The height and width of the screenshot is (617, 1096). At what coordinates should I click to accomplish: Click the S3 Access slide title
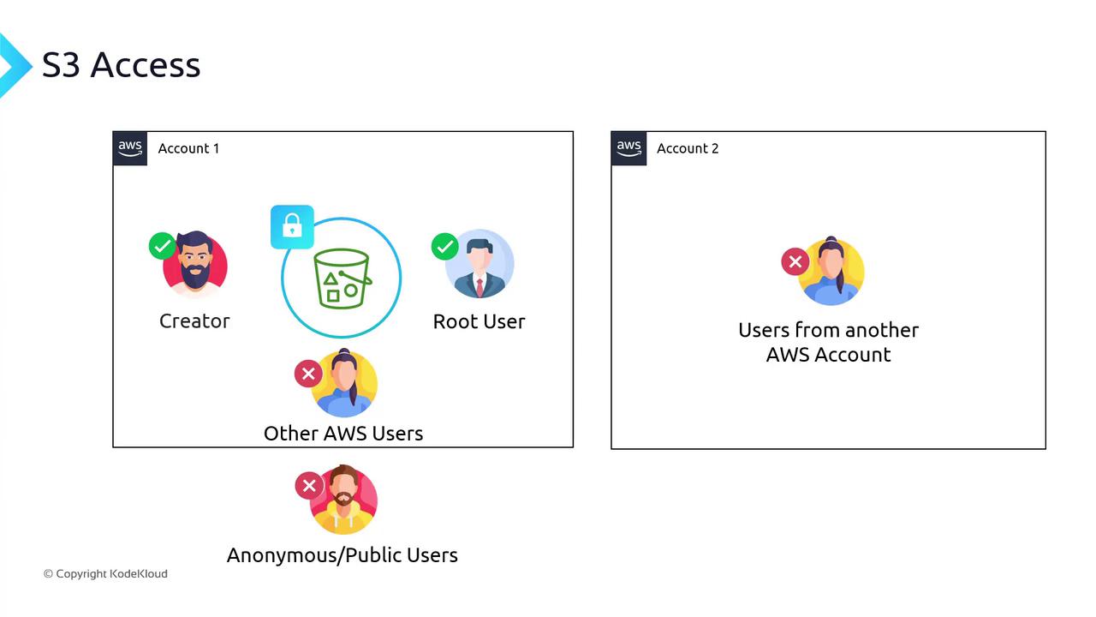121,64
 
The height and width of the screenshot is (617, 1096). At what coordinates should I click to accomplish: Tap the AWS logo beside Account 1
130,148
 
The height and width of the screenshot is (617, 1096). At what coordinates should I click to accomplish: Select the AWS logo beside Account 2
628,148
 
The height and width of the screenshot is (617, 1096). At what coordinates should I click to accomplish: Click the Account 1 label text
188,148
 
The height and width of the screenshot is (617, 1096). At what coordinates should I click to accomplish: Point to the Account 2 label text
688,148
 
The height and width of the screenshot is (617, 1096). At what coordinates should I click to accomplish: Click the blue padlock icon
292,227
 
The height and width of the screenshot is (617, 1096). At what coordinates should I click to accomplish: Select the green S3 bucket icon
342,279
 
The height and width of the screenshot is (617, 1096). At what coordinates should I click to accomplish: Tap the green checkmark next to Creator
163,246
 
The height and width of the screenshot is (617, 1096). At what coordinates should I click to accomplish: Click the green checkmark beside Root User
444,247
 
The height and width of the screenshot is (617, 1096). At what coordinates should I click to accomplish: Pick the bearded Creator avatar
195,265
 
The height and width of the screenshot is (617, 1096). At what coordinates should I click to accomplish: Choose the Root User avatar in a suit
479,263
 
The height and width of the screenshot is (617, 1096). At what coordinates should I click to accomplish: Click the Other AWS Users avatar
344,383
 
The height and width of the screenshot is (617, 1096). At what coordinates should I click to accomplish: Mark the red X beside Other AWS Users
308,374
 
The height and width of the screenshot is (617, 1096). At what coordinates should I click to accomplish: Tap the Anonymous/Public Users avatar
343,500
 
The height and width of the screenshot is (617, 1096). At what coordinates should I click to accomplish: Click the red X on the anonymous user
309,486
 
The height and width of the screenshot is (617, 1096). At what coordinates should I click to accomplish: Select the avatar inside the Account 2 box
831,271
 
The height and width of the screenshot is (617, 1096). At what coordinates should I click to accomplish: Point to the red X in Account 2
795,261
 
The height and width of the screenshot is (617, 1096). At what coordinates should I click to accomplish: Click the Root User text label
479,321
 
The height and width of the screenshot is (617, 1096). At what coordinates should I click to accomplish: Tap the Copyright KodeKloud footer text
105,573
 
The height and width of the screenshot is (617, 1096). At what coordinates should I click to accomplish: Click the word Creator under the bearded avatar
194,321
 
